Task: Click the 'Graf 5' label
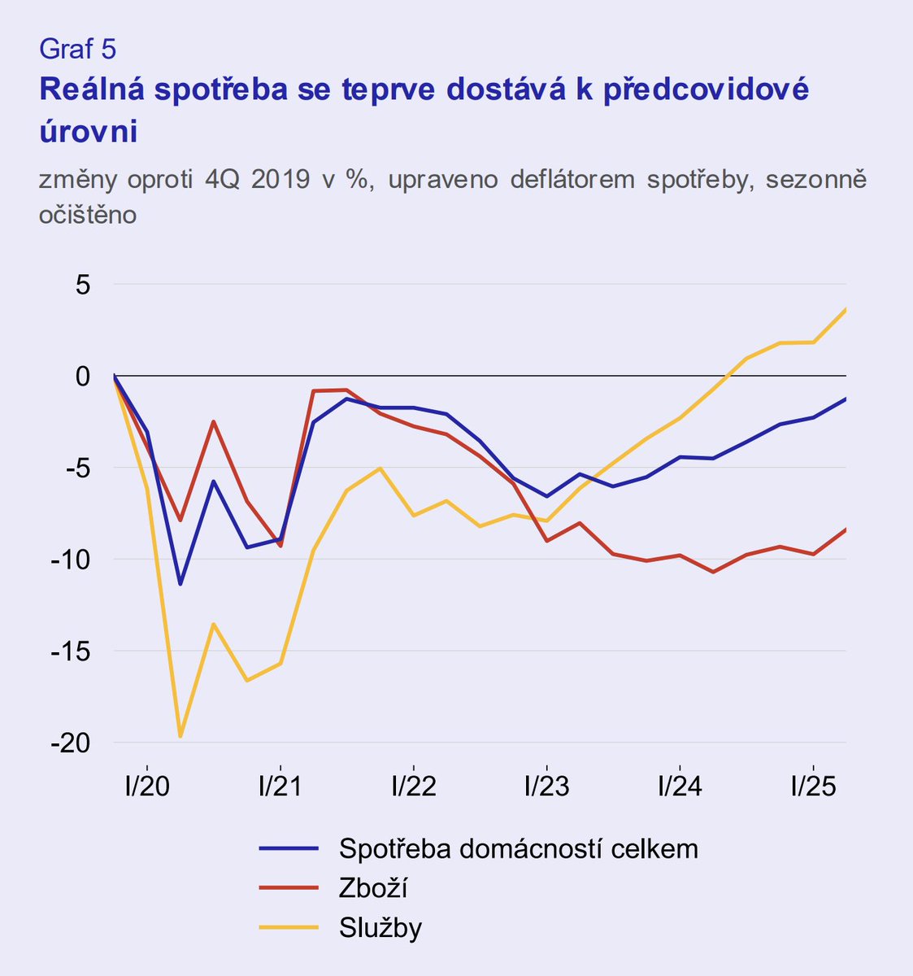pos(77,50)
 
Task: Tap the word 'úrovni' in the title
pos(88,131)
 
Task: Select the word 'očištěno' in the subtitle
pos(87,215)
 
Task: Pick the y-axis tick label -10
pos(71,560)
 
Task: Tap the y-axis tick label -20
pos(71,743)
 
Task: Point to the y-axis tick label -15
pos(71,651)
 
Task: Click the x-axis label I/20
pos(147,786)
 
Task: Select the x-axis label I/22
pos(414,786)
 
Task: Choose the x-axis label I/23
pos(547,786)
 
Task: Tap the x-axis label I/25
pos(814,786)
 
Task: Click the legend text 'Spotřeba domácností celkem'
pos(519,849)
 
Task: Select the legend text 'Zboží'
pos(372,888)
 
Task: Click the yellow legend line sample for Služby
pos(289,928)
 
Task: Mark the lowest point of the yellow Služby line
pos(180,737)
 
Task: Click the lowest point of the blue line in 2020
pos(180,584)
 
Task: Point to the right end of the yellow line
pos(846,309)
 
